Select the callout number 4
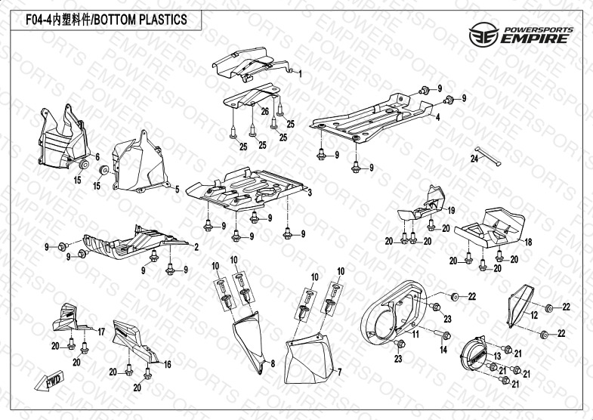point(436,118)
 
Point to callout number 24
point(473,159)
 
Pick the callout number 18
point(527,242)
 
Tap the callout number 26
point(265,111)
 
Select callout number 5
point(177,189)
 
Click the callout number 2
point(196,247)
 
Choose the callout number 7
point(340,372)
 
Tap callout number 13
point(496,355)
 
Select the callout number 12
point(533,315)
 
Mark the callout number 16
point(168,364)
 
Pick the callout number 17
point(101,331)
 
